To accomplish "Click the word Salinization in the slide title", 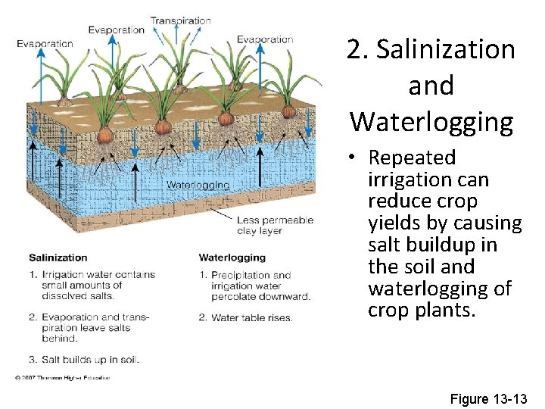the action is (445, 50).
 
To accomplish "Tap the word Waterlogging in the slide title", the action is (431, 121).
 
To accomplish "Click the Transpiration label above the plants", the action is (180, 20).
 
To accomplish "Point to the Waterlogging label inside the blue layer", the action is (197, 185).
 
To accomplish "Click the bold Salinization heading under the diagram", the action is (58, 258).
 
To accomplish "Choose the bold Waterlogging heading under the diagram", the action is (230, 258).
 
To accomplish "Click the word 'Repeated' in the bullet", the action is (412, 158).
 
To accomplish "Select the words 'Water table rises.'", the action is (252, 318).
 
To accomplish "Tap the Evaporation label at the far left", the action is (45, 43).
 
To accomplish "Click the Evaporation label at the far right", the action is (264, 39).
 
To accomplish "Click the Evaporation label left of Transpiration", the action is (116, 30).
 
